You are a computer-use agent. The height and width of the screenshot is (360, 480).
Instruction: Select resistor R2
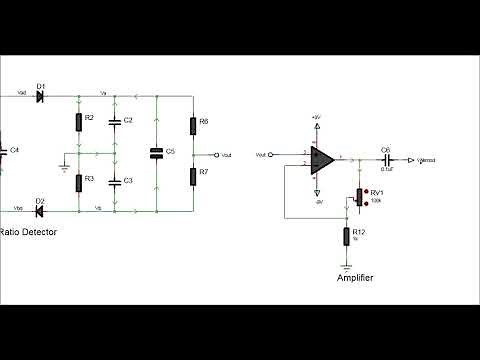[x=78, y=123]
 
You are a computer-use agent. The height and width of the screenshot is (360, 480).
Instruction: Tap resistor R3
[x=78, y=183]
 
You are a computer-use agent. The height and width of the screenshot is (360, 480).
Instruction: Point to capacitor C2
[x=115, y=121]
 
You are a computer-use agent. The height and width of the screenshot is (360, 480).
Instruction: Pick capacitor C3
[x=115, y=181]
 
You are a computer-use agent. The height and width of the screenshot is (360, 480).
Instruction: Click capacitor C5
[x=157, y=153]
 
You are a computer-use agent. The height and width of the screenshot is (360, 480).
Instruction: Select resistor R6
[x=193, y=125]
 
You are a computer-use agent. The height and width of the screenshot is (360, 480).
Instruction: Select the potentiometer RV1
[x=359, y=195]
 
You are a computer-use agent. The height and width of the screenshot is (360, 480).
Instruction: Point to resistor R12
[x=346, y=236]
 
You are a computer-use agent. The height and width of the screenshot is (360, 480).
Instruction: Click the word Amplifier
[x=355, y=279]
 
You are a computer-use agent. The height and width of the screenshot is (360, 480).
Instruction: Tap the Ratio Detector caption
[x=29, y=232]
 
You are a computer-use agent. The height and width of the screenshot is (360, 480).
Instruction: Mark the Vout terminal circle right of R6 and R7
[x=215, y=154]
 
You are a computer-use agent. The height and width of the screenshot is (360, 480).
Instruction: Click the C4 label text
[x=15, y=149]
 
